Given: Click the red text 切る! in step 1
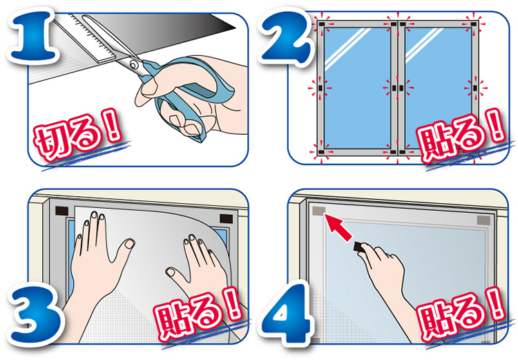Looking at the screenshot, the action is click(x=78, y=135).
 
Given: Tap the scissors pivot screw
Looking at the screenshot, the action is click(x=133, y=64).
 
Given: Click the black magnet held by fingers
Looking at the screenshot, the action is click(x=359, y=247).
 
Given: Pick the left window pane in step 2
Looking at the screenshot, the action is click(x=357, y=88).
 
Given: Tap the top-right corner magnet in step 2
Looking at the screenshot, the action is click(x=474, y=24).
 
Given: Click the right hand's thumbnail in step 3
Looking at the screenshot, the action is click(x=171, y=272).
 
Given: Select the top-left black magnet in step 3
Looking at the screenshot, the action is click(x=61, y=211).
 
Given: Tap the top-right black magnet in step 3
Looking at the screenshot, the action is click(x=227, y=219).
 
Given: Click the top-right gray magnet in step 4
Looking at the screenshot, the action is click(x=483, y=220).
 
